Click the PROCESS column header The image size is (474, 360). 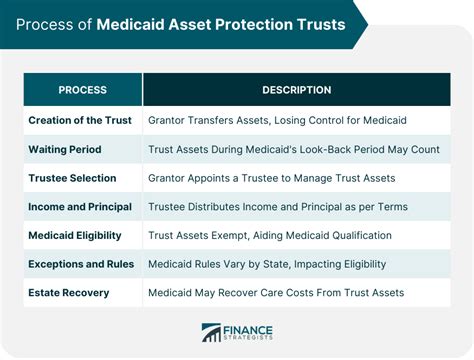(x=82, y=90)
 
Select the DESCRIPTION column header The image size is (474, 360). (x=297, y=90)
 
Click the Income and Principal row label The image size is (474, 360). (x=80, y=207)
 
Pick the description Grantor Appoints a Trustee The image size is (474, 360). (x=272, y=178)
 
